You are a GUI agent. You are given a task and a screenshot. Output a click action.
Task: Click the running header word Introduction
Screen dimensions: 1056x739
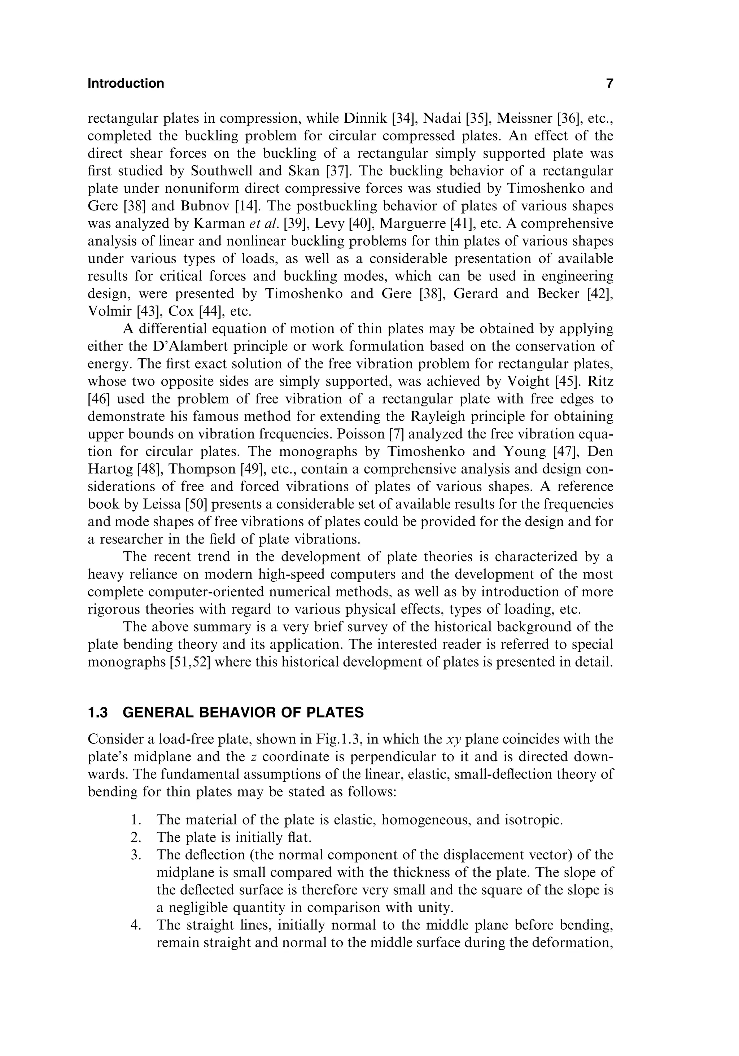[126, 84]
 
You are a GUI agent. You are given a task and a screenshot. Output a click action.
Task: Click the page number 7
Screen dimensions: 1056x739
[609, 84]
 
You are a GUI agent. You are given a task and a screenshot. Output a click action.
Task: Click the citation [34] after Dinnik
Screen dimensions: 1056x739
[404, 119]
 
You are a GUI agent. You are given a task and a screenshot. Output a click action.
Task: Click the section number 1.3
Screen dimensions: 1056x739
[97, 713]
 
